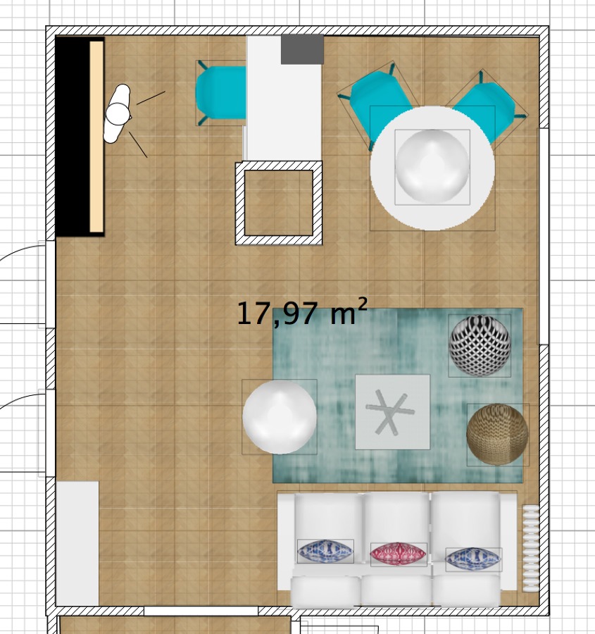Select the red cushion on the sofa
click(398, 554)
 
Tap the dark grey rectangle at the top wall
click(302, 49)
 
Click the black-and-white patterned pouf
click(480, 346)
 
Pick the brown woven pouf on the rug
click(497, 435)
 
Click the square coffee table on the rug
click(392, 412)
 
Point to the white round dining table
click(432, 168)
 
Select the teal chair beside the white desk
click(220, 93)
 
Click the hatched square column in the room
click(279, 203)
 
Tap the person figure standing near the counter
click(118, 113)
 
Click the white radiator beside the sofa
click(531, 548)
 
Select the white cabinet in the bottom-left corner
click(77, 543)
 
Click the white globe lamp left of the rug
click(280, 416)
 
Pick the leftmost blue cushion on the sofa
click(325, 551)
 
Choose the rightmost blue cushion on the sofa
click(473, 559)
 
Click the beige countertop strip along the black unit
click(96, 137)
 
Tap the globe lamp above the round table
click(432, 166)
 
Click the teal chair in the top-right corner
click(487, 111)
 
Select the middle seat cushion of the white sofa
click(396, 526)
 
